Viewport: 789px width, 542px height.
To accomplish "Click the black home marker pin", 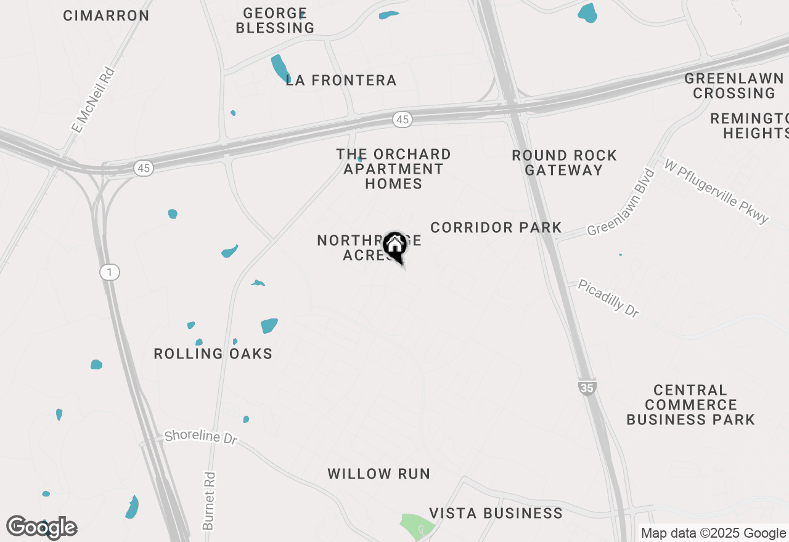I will (x=394, y=246).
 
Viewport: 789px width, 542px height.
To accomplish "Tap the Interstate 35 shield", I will (x=587, y=388).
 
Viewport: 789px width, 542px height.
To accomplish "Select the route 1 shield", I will (x=109, y=272).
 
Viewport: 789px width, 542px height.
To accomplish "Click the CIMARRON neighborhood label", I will (x=106, y=16).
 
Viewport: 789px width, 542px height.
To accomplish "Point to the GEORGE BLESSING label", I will (x=275, y=20).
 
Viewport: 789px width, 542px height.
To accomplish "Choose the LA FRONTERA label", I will (x=341, y=80).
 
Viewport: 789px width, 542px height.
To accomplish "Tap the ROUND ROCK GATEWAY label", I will (x=564, y=163).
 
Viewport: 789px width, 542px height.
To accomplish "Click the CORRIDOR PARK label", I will (x=496, y=227).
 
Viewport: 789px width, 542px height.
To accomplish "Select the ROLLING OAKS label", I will (x=213, y=354).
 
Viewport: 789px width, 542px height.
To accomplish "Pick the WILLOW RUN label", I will (x=378, y=474).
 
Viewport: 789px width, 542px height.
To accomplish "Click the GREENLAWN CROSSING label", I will (x=734, y=86).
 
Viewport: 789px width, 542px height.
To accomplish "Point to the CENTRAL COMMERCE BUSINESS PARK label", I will (x=690, y=405).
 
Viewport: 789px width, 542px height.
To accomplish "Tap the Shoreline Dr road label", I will (x=201, y=437).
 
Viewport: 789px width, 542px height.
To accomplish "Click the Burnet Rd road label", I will (x=209, y=501).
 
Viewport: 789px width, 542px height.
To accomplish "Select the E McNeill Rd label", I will (x=93, y=100).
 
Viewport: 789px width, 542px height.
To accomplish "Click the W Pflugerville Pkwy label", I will (x=716, y=191).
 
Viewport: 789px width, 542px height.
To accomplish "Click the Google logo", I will (x=41, y=527).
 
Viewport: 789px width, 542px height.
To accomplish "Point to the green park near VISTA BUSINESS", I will (x=417, y=525).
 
